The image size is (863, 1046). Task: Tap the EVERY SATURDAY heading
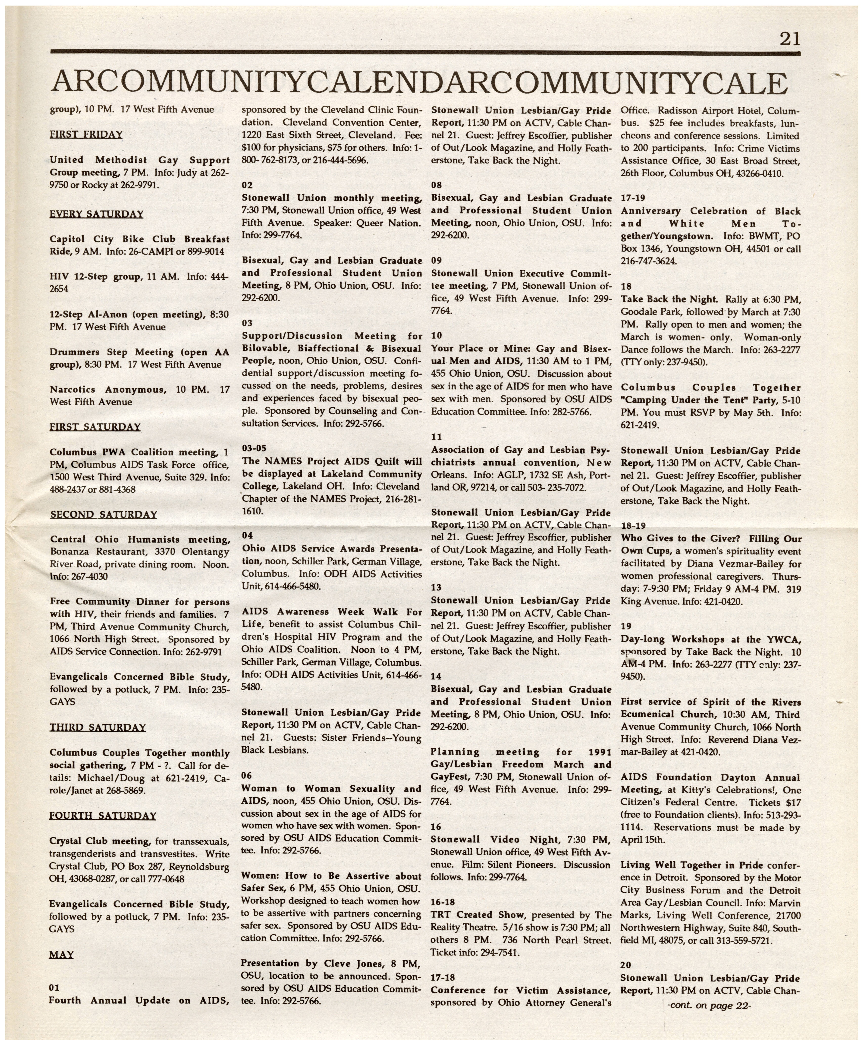point(97,214)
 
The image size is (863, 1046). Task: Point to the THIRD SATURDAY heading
point(97,728)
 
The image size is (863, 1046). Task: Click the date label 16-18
point(443,902)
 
